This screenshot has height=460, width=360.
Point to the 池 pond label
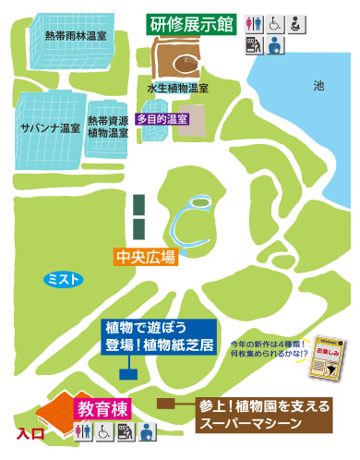pyautogui.click(x=318, y=85)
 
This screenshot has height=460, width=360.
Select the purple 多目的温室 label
pyautogui.click(x=162, y=118)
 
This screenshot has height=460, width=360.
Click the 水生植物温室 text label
pyautogui.click(x=177, y=89)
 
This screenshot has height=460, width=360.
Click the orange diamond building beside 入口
pyautogui.click(x=54, y=409)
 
